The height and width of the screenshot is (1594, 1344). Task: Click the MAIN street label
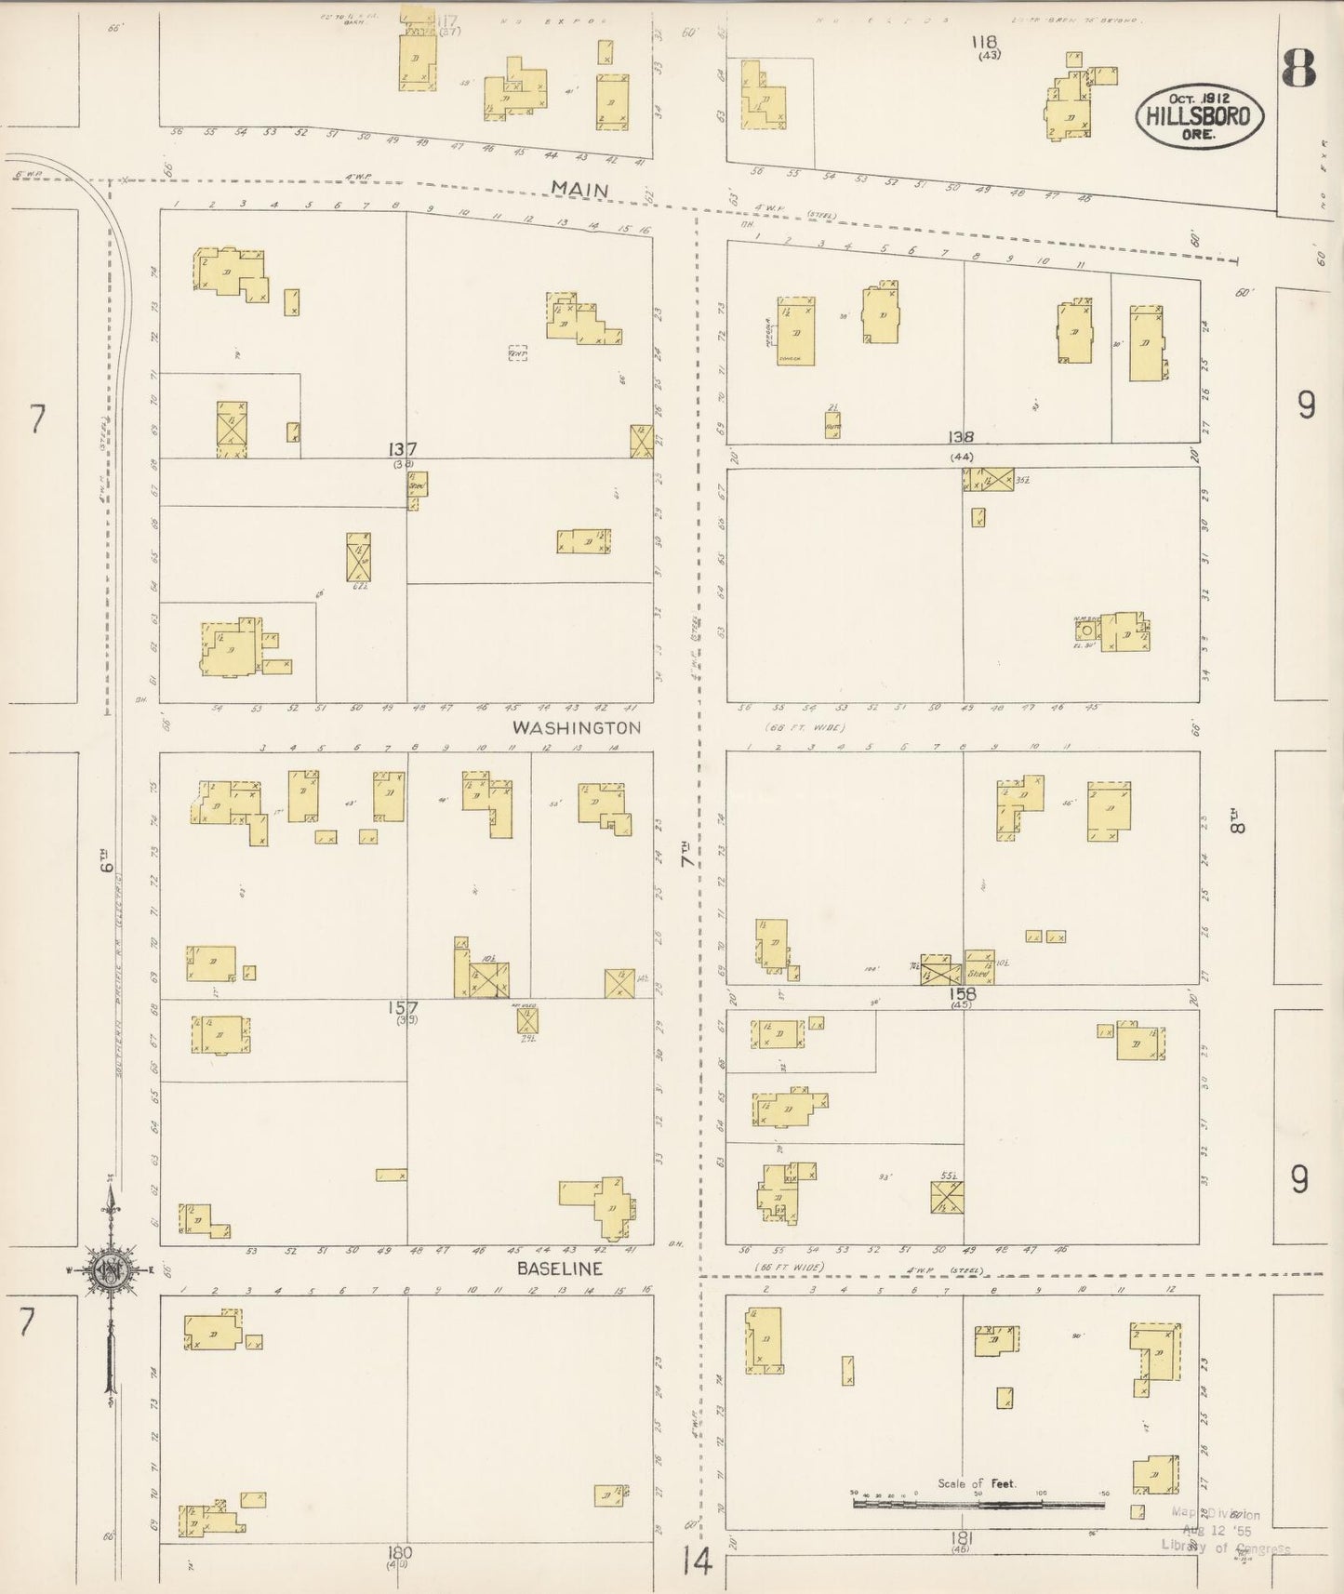pyautogui.click(x=579, y=189)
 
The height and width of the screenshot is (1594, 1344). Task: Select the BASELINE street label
pyautogui.click(x=560, y=1269)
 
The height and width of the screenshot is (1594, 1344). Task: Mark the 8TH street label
pyautogui.click(x=1237, y=824)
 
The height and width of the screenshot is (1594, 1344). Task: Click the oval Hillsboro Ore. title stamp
pyautogui.click(x=1199, y=114)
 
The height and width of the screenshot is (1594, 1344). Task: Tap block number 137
pyautogui.click(x=403, y=449)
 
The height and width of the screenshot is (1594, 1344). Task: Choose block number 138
pyautogui.click(x=961, y=437)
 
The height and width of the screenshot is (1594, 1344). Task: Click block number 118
pyautogui.click(x=984, y=42)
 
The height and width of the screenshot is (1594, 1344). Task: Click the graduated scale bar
pyautogui.click(x=977, y=1498)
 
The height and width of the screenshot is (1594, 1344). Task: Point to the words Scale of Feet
pyautogui.click(x=976, y=1483)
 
